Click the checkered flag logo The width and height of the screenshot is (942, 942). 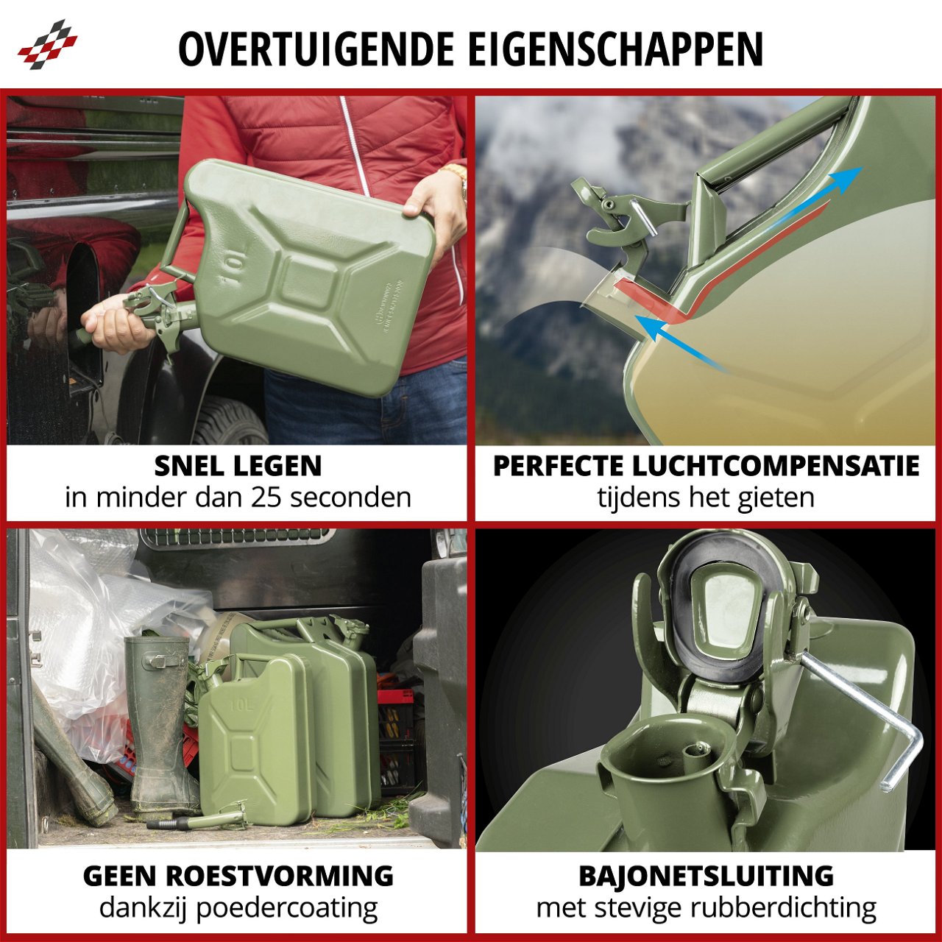click(47, 46)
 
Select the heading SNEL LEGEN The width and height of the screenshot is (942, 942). click(238, 466)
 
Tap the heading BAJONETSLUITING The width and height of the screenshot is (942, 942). click(706, 876)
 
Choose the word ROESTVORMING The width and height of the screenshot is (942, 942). click(280, 876)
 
